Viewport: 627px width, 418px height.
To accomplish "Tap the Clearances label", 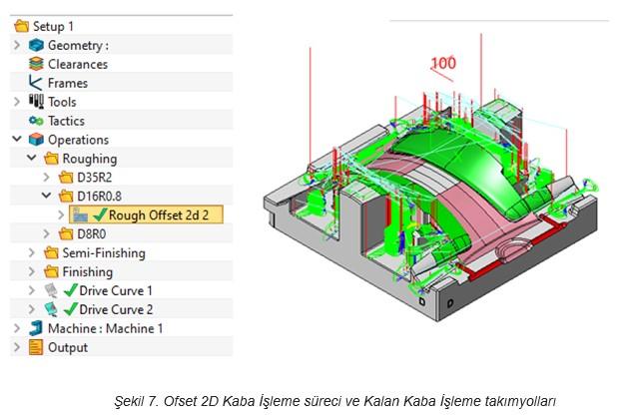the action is (x=78, y=64).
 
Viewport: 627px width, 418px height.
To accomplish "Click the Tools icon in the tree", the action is (x=36, y=102).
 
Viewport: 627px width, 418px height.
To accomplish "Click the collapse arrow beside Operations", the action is (x=17, y=139).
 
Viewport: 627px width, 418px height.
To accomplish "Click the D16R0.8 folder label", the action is (x=99, y=197).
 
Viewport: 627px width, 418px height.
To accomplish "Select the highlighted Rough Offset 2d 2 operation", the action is (x=147, y=215).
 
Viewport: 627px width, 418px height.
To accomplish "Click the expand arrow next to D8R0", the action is (x=46, y=233).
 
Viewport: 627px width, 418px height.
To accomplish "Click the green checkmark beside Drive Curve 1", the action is (x=71, y=290).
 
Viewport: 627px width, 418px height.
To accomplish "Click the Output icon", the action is (x=36, y=347).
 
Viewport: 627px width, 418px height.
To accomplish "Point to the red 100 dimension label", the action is (x=443, y=63).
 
